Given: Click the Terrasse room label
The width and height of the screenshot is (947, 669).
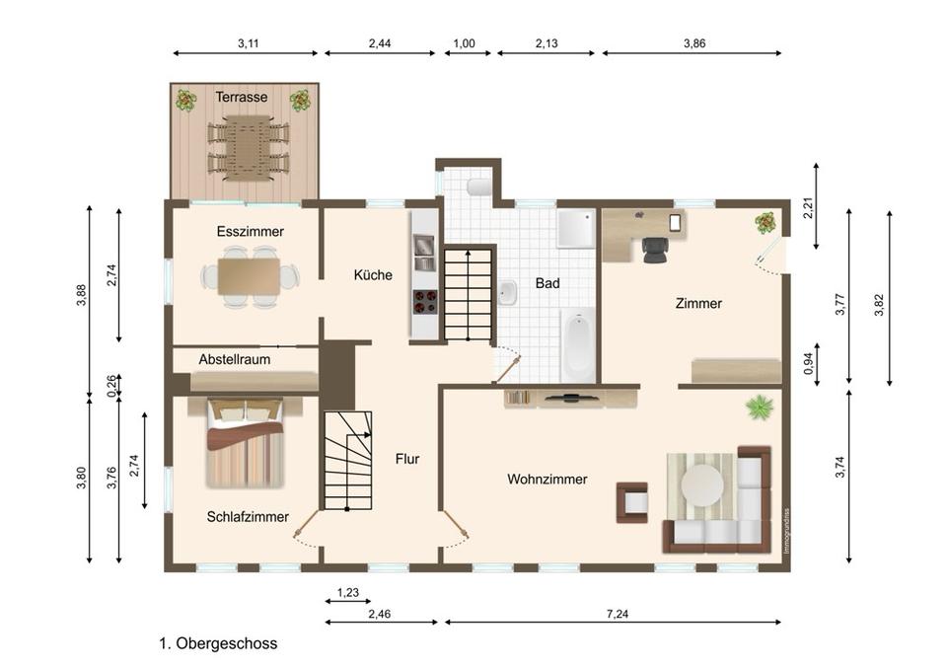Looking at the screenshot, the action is pyautogui.click(x=242, y=97).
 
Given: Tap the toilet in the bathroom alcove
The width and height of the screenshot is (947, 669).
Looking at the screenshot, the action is pyautogui.click(x=480, y=186).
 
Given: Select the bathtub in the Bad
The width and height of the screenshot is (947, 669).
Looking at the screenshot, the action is pyautogui.click(x=578, y=345).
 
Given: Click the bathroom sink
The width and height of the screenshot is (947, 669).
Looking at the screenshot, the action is pyautogui.click(x=507, y=293).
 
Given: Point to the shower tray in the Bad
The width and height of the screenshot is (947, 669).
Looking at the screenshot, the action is pyautogui.click(x=576, y=229).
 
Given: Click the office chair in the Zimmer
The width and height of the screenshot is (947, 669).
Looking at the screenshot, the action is pyautogui.click(x=655, y=250).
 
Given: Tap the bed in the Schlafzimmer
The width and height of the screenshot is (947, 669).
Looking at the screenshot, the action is pyautogui.click(x=245, y=442).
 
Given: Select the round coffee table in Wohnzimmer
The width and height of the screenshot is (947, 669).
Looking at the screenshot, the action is pyautogui.click(x=702, y=484).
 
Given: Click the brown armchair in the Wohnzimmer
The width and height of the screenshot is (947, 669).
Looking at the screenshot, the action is pyautogui.click(x=631, y=502).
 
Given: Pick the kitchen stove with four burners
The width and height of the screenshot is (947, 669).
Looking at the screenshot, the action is pyautogui.click(x=424, y=302).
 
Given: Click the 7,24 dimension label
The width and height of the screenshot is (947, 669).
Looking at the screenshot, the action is pyautogui.click(x=618, y=614).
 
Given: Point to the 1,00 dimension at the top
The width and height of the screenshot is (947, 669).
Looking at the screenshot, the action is pyautogui.click(x=464, y=43).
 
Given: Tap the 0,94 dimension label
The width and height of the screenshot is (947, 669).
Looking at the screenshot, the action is pyautogui.click(x=809, y=363).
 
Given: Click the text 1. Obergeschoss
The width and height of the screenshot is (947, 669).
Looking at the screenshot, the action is pyautogui.click(x=219, y=643).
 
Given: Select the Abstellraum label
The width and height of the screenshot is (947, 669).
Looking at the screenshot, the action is pyautogui.click(x=235, y=359).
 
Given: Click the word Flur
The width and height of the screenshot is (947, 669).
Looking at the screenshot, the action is pyautogui.click(x=407, y=459).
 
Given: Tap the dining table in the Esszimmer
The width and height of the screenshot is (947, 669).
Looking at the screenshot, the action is pyautogui.click(x=249, y=277).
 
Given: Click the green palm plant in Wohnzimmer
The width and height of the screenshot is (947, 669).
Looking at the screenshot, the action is pyautogui.click(x=760, y=408).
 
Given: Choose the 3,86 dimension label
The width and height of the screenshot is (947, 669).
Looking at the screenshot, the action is pyautogui.click(x=694, y=43).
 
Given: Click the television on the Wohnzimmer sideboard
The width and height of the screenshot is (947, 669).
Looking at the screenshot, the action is pyautogui.click(x=571, y=398).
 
